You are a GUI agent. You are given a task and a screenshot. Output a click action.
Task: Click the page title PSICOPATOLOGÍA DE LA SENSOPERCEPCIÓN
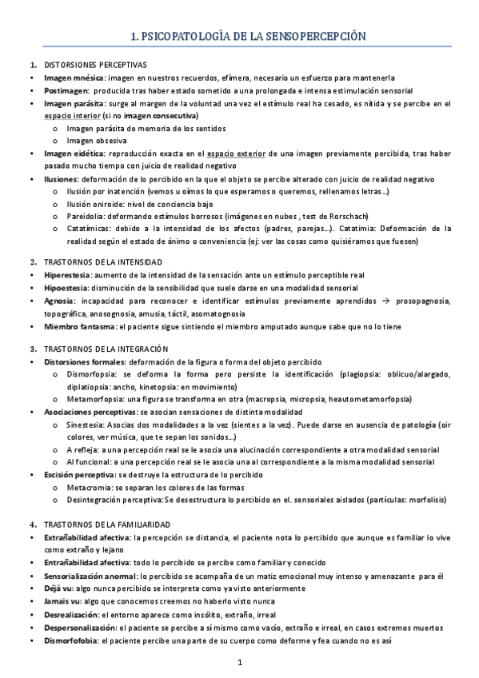240,36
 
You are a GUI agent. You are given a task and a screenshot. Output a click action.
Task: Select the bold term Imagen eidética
74,153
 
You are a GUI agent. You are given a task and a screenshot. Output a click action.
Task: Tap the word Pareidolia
88,215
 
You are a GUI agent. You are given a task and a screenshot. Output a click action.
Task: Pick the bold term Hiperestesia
68,274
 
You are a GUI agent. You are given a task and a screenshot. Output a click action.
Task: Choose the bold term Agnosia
61,300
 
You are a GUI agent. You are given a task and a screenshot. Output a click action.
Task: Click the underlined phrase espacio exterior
231,153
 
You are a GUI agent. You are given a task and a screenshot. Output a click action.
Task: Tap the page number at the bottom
240,663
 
